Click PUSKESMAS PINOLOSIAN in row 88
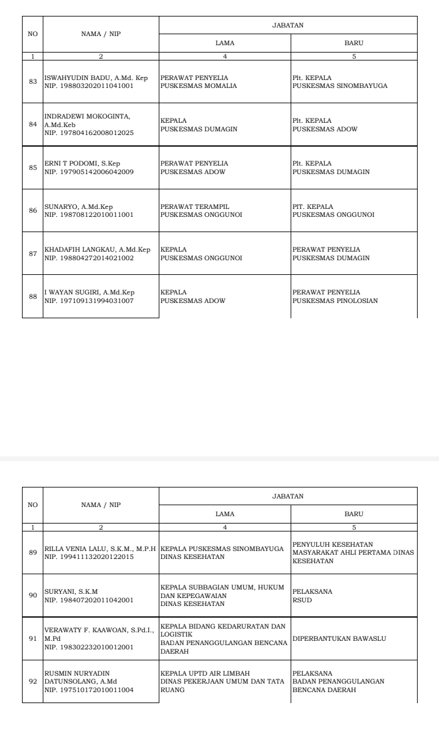(335, 301)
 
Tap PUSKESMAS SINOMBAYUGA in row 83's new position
(340, 86)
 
